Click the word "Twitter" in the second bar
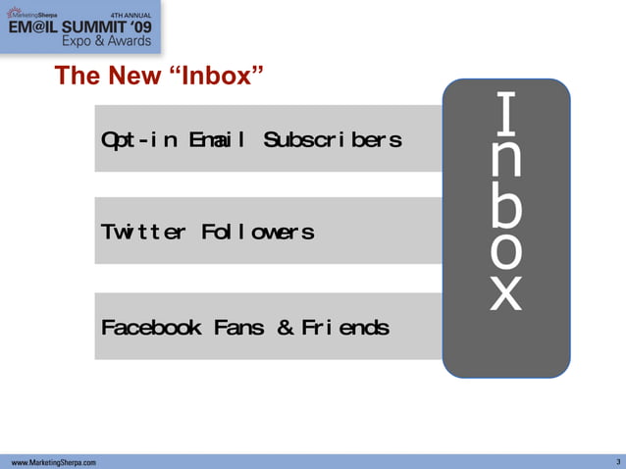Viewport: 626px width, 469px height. pos(144,233)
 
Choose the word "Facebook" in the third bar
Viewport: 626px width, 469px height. pos(152,327)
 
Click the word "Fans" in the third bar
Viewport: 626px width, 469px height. pos(238,327)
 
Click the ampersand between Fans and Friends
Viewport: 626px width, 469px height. pos(285,327)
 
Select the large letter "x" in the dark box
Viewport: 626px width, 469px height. pos(505,291)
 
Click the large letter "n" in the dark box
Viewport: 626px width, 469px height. pos(505,160)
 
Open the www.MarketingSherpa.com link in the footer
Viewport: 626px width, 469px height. pos(54,461)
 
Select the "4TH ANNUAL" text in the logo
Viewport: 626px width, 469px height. pos(133,14)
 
